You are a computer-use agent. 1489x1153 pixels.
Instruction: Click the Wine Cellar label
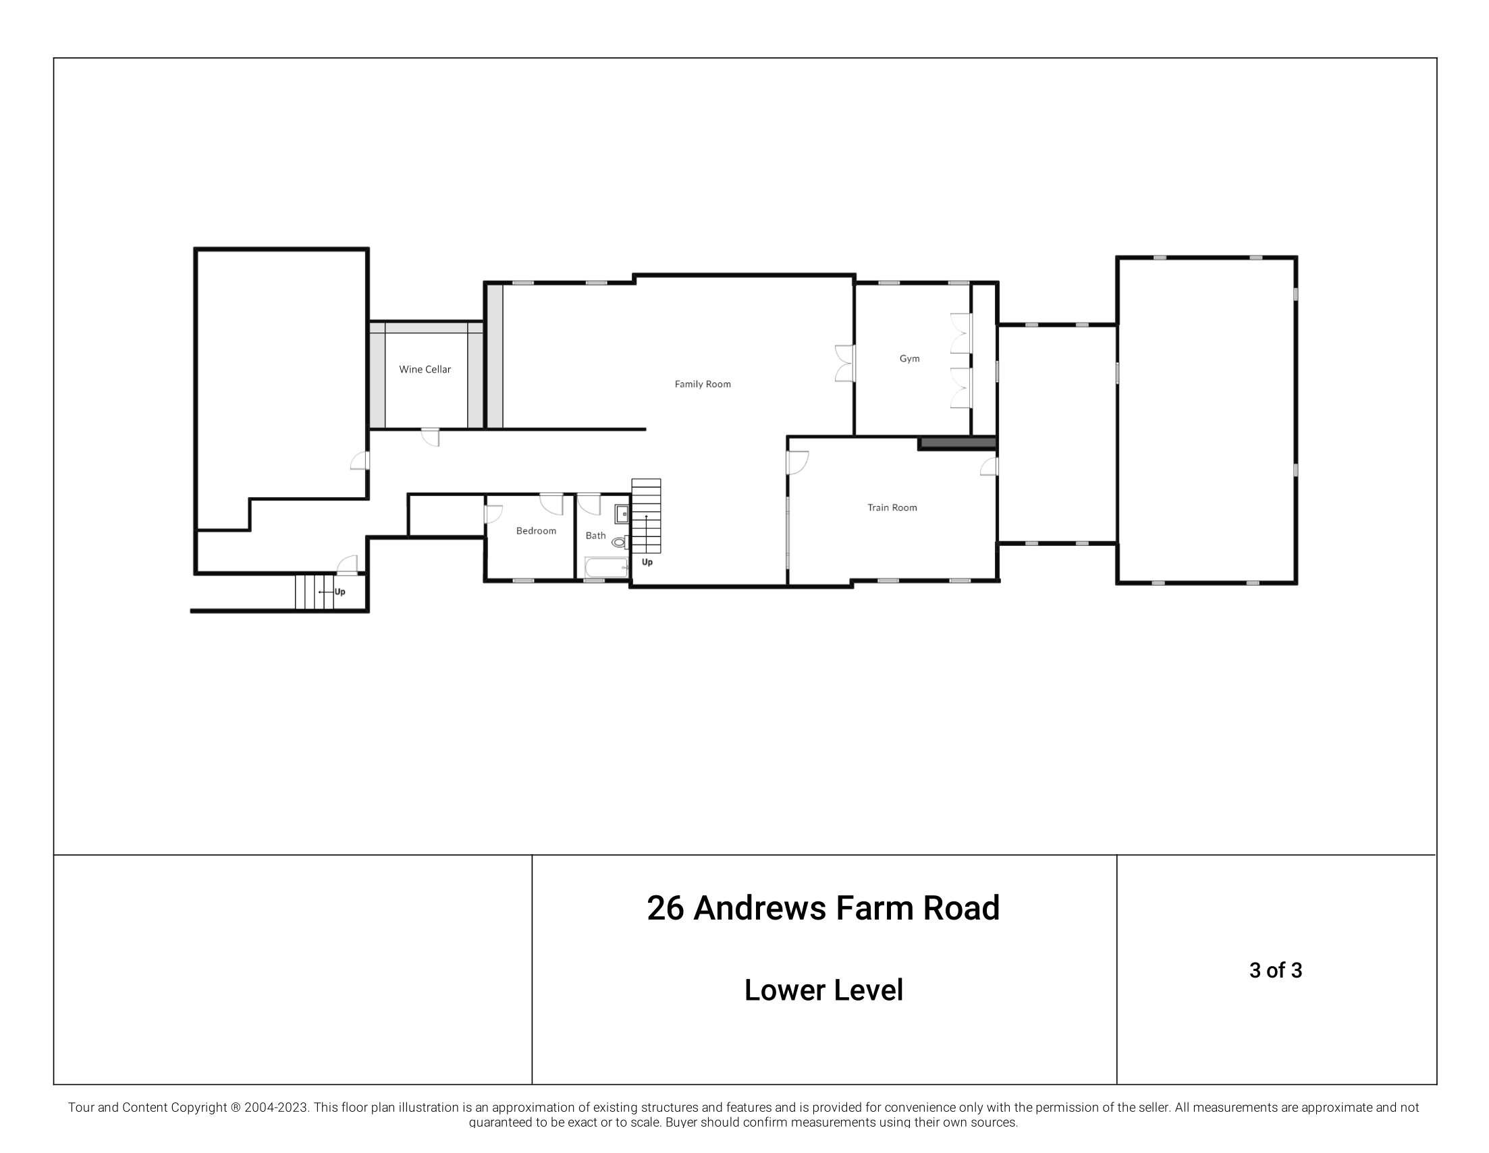pos(425,369)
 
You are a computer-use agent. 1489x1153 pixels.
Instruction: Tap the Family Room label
pos(702,385)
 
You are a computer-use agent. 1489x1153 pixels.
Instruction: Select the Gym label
pos(909,358)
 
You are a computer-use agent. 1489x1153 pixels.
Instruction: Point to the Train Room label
pos(892,507)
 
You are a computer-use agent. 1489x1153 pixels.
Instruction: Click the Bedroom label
pos(536,531)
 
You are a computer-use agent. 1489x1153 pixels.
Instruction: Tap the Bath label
pos(595,536)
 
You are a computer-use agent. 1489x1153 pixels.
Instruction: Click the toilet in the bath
pos(619,542)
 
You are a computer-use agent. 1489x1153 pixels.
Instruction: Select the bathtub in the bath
pos(605,567)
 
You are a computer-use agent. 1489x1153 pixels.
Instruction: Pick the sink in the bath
pos(621,514)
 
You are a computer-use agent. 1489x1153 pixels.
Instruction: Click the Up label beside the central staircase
pos(647,562)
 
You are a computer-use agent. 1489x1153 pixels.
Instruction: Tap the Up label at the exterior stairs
pos(340,592)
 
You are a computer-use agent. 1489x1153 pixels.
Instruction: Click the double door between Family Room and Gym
pos(844,363)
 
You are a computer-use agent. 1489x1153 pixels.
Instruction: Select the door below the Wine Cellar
pos(430,437)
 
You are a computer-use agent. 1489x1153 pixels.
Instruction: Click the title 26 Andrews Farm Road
pos(823,908)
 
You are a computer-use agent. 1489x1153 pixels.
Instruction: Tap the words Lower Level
pos(823,990)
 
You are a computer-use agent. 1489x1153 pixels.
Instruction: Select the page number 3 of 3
pos(1275,970)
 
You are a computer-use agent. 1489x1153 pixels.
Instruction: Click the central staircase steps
pos(646,516)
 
